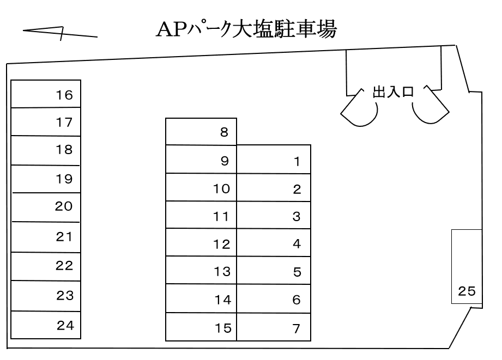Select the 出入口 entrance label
click(392, 92)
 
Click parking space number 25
click(467, 267)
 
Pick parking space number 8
click(201, 132)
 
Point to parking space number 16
click(46, 94)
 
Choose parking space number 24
click(46, 325)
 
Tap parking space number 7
click(274, 327)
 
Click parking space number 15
click(201, 327)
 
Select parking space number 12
click(201, 243)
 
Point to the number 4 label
click(297, 243)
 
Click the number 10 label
click(222, 189)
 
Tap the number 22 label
click(64, 266)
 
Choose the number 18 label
click(64, 150)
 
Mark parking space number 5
click(274, 271)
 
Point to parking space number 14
click(201, 299)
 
